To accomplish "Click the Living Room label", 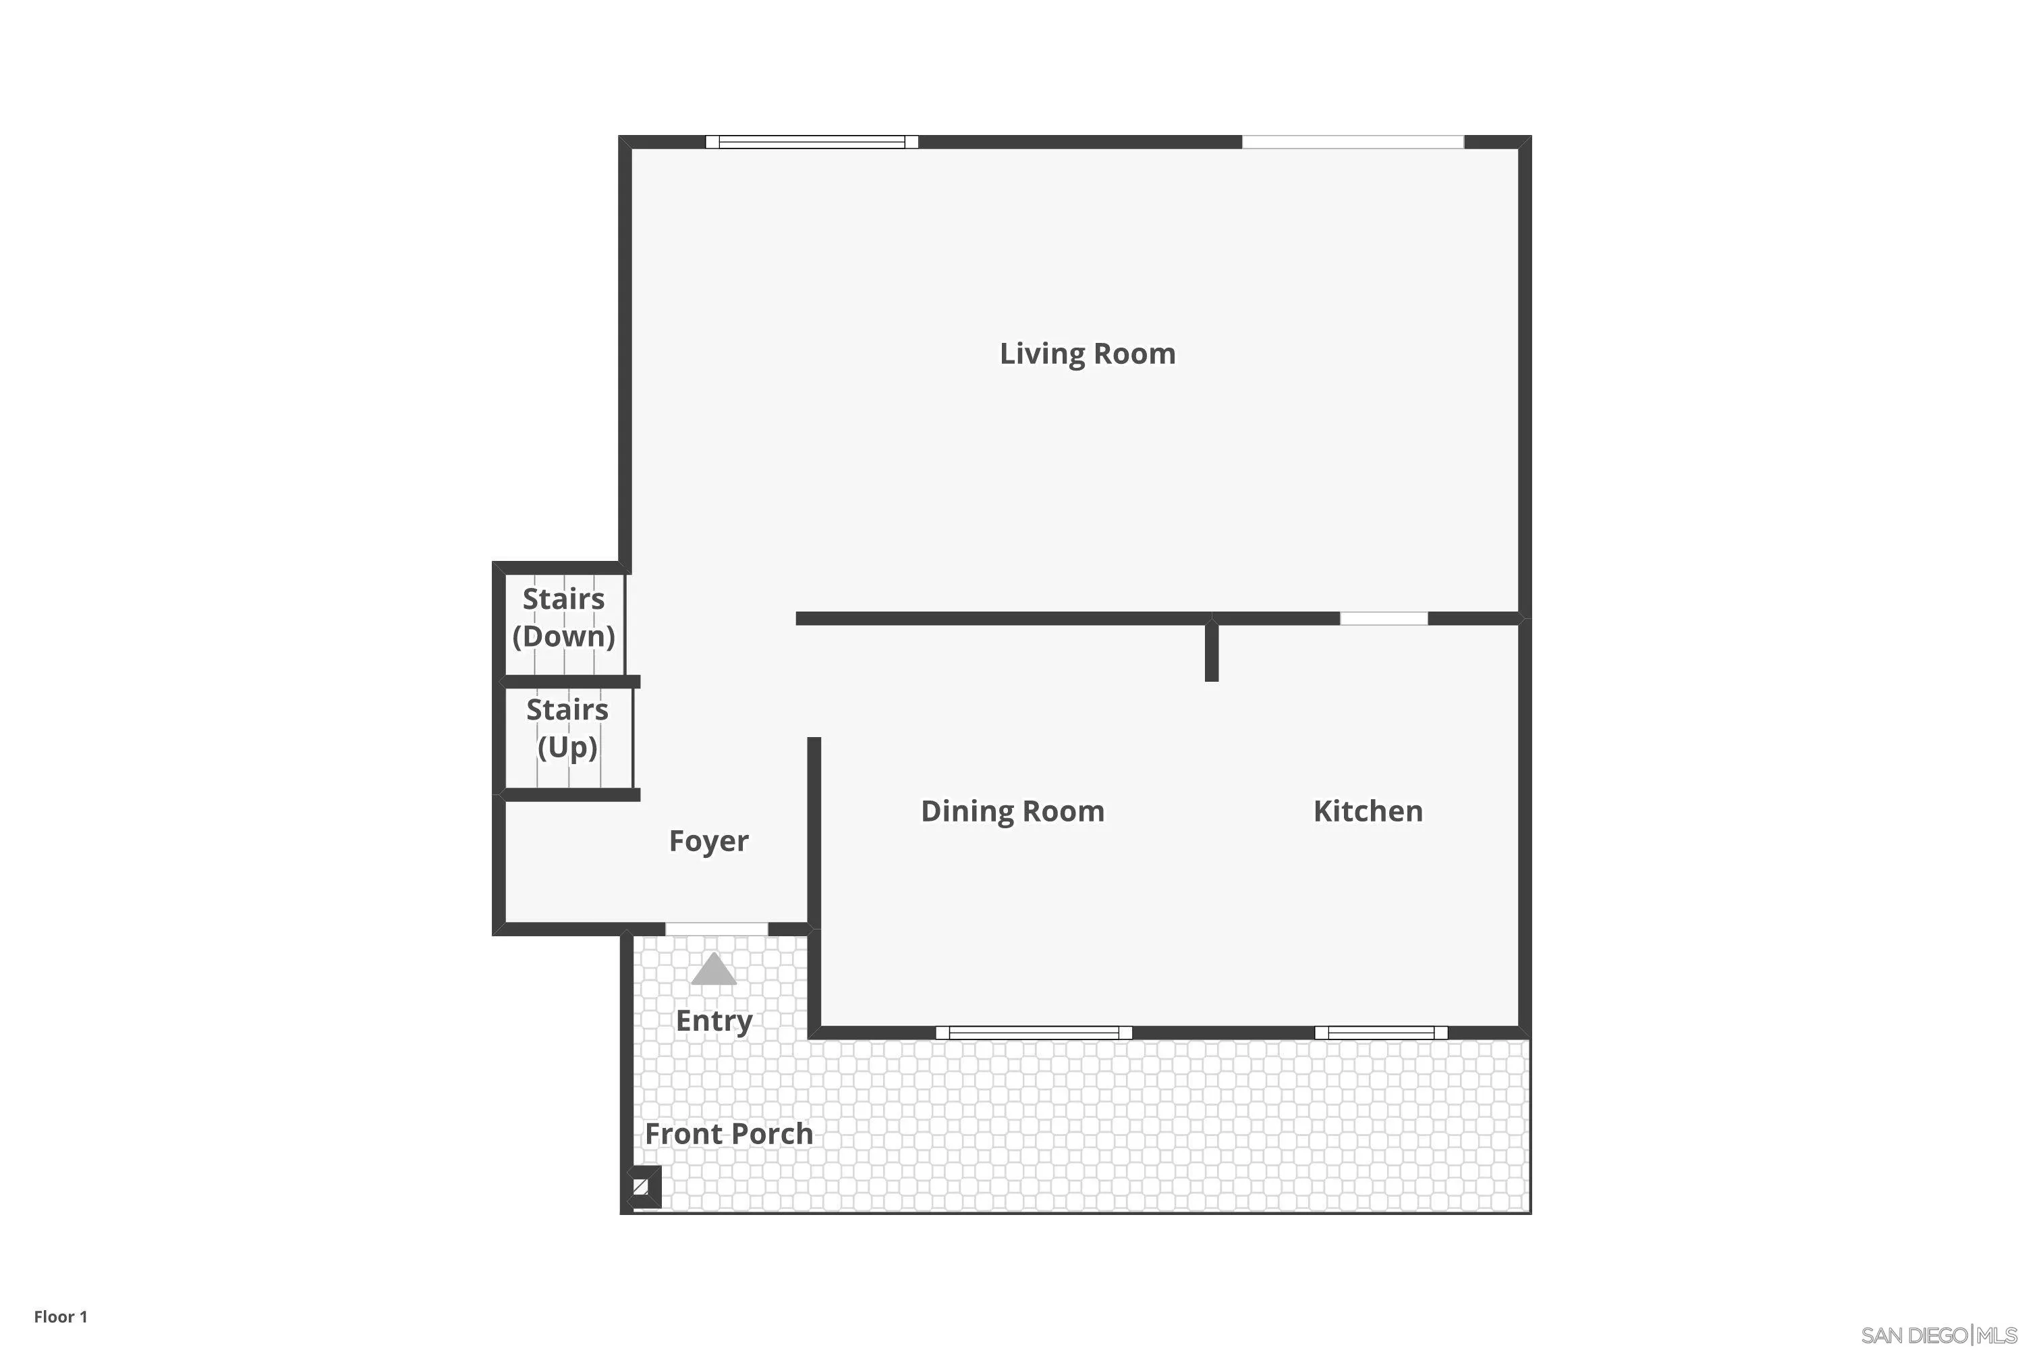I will click(x=1087, y=354).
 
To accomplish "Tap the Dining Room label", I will click(x=1012, y=811).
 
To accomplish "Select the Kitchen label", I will click(x=1368, y=811).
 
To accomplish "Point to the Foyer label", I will click(x=708, y=840).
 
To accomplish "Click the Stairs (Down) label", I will click(x=563, y=618).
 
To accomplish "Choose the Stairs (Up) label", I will click(x=567, y=728).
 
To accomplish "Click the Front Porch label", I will click(x=729, y=1133).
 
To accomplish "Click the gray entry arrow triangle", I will click(x=713, y=971).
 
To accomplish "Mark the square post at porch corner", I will click(x=641, y=1187).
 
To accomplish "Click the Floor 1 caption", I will click(x=60, y=1316).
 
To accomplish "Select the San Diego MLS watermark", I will click(x=1938, y=1335).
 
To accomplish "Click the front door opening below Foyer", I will click(x=716, y=928).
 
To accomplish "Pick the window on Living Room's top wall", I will click(x=812, y=142).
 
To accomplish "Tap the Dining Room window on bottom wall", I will click(x=1034, y=1032).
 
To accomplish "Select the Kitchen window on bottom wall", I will click(x=1380, y=1032).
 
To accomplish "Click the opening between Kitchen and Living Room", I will click(x=1383, y=618).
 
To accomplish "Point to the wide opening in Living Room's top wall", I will click(x=1352, y=142).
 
